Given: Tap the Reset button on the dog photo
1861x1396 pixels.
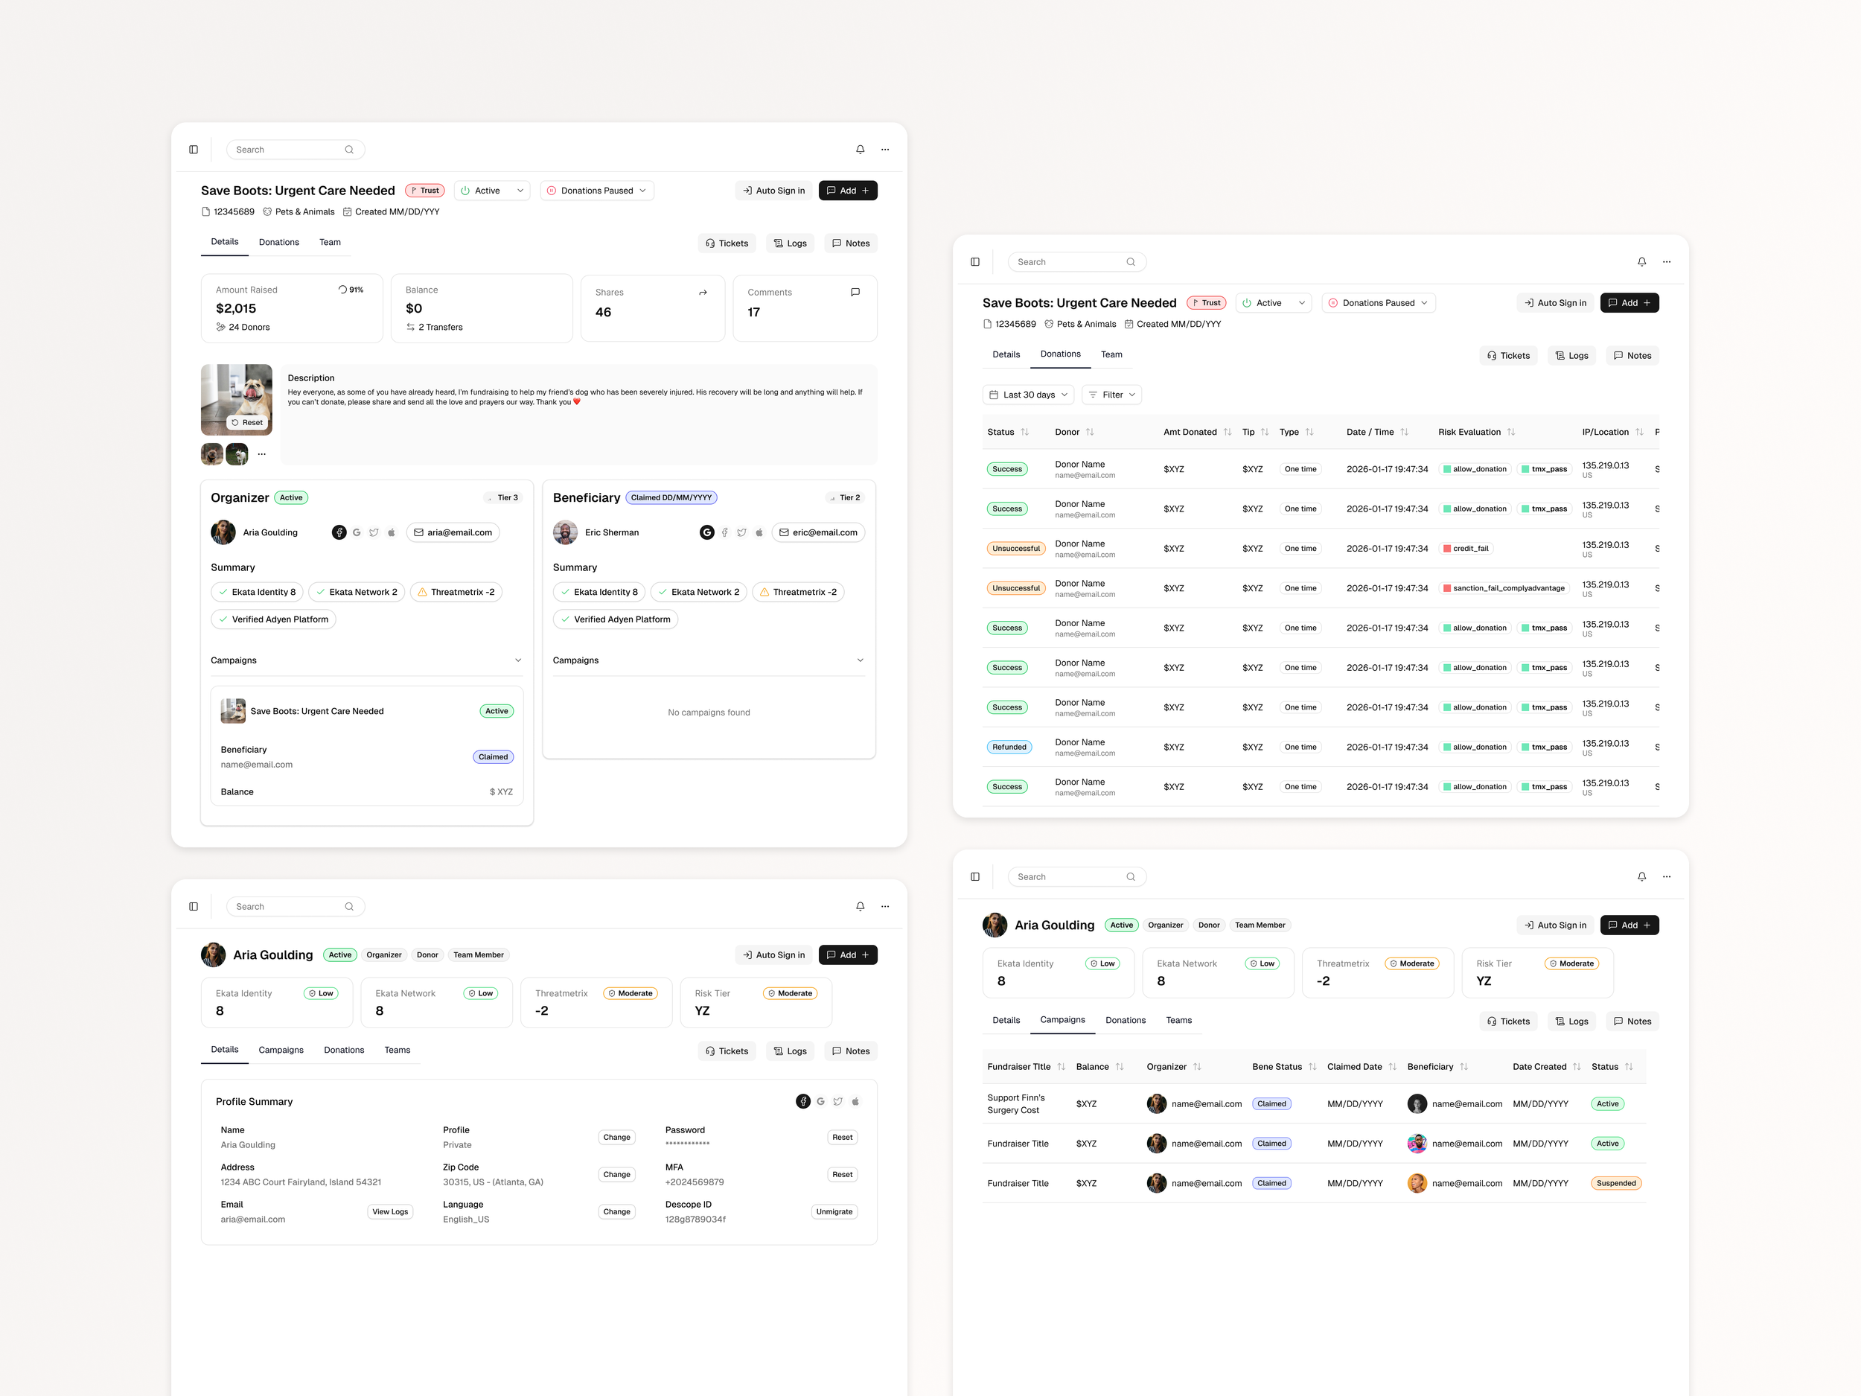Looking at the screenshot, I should [x=247, y=422].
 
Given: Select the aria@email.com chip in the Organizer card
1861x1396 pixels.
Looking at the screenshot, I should [x=453, y=532].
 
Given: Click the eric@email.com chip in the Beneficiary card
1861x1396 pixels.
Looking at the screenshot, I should [x=818, y=532].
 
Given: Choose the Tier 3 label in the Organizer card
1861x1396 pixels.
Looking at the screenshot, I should [x=505, y=498].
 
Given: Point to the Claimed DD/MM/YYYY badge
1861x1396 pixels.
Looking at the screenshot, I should [x=671, y=498].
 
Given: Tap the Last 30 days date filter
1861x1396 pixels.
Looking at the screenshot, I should [x=1028, y=395].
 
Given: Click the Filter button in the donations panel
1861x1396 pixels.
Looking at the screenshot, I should [x=1111, y=395].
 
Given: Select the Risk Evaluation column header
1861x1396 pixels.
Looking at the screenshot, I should [x=1469, y=433].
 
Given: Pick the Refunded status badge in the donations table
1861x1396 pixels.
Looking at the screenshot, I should [x=1009, y=748].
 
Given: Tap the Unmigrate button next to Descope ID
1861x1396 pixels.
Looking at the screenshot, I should [x=834, y=1211].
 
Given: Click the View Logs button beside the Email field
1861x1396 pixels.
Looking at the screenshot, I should [x=389, y=1211].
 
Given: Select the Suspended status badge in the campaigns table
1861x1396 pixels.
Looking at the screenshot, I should [x=1615, y=1183].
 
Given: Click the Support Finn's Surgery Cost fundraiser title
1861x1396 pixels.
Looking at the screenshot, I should [x=1015, y=1104].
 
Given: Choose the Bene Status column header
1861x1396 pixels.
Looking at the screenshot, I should [x=1277, y=1067].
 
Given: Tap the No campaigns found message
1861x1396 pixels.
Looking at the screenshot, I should [x=709, y=713].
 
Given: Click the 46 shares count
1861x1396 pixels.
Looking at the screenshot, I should [x=603, y=312].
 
